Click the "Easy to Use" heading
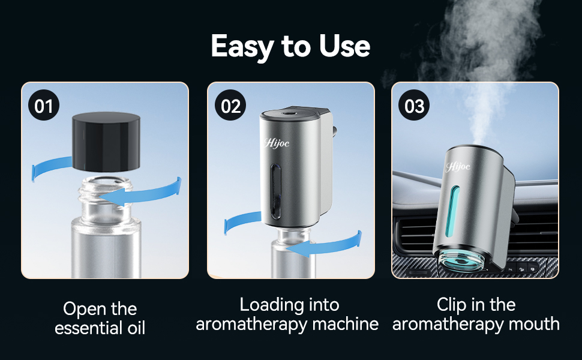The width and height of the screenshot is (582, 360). pos(290,46)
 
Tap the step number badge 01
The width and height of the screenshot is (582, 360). pos(44,107)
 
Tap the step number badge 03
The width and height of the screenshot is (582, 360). pos(415,107)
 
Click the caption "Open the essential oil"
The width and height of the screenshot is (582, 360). pos(100,318)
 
